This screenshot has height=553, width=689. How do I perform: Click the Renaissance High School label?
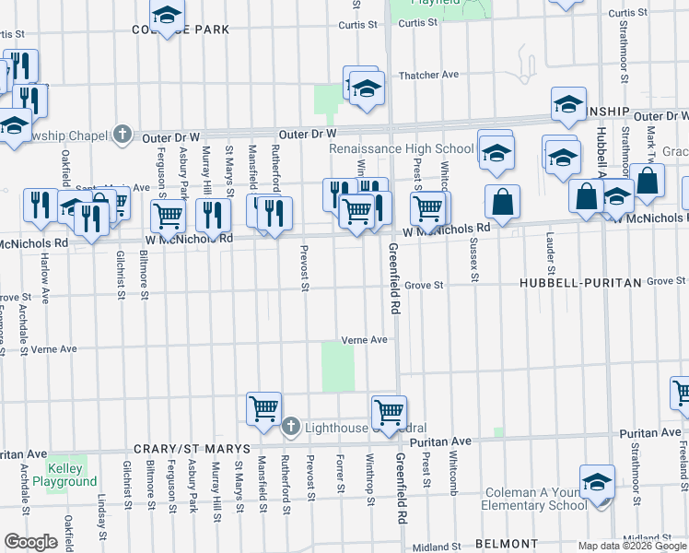402,148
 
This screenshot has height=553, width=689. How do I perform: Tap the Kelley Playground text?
64,475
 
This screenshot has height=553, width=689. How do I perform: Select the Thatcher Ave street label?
427,75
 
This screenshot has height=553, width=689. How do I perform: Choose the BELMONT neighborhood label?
507,544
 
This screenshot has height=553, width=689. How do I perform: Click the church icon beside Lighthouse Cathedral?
291,426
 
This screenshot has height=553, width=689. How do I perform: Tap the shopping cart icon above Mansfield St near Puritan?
263,406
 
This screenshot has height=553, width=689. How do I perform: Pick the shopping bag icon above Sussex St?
502,201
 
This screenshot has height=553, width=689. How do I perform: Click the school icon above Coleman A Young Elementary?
597,480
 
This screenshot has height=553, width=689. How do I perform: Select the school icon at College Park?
167,15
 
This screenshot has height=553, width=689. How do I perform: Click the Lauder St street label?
549,259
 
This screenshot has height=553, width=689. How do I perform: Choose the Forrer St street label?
340,471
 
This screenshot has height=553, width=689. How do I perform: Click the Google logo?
30,542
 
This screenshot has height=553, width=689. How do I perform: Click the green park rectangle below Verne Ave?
337,367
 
